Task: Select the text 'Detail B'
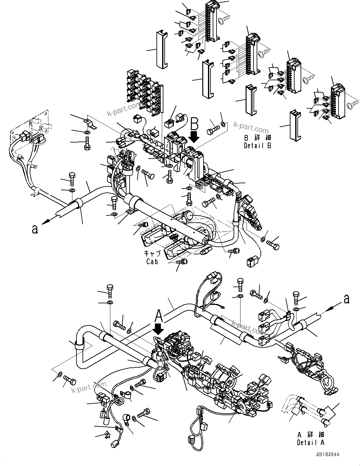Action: (x=257, y=146)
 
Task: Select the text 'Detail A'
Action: (x=310, y=443)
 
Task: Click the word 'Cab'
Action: (x=152, y=261)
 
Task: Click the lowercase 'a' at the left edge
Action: (x=35, y=229)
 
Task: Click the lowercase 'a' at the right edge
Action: (x=347, y=299)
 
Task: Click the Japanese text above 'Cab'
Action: (x=152, y=254)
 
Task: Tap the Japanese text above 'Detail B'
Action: (x=258, y=138)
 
